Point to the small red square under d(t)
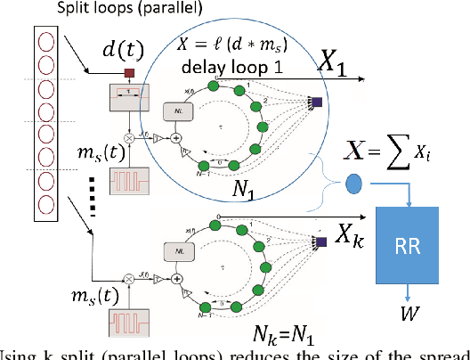click(129, 74)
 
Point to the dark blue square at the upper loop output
click(316, 102)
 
